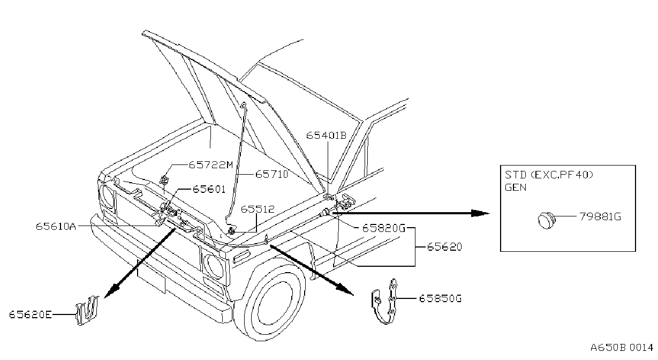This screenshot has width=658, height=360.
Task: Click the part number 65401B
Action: click(x=326, y=136)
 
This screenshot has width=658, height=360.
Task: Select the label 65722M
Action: click(x=210, y=165)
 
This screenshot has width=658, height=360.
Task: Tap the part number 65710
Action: click(x=272, y=174)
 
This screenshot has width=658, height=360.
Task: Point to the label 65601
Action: click(x=209, y=189)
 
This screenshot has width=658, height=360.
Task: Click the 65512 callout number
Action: click(x=258, y=209)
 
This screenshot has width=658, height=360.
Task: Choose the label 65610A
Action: click(x=56, y=226)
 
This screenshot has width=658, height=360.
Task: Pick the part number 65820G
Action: click(x=384, y=228)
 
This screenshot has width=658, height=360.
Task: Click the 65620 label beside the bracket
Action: click(x=444, y=246)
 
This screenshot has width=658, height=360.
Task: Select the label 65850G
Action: click(x=440, y=298)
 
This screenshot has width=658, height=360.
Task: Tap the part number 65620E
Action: click(x=31, y=315)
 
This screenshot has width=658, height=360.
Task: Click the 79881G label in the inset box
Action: click(x=600, y=216)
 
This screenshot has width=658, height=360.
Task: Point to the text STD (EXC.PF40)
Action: click(x=549, y=175)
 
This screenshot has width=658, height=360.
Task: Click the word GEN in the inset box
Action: click(x=516, y=187)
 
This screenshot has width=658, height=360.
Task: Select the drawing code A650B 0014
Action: click(x=622, y=348)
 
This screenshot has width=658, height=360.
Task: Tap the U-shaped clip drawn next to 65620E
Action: click(x=87, y=310)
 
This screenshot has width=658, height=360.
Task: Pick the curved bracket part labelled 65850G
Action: click(x=384, y=302)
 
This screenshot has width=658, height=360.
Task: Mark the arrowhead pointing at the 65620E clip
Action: click(x=111, y=291)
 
